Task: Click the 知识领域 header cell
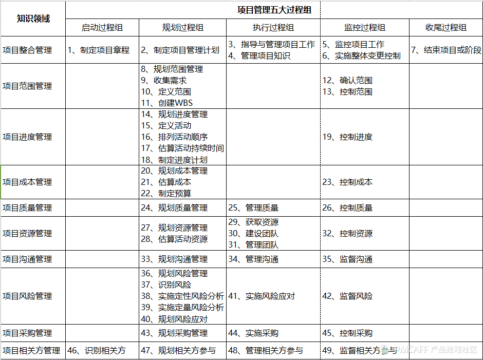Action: (33, 18)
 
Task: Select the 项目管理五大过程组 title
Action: (274, 10)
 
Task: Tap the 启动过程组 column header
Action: (102, 28)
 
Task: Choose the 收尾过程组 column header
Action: (446, 28)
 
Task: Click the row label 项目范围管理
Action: (27, 86)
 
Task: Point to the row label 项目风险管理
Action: (27, 296)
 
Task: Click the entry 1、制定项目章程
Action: (99, 50)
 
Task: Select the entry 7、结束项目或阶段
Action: (447, 50)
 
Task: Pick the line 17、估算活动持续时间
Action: (182, 148)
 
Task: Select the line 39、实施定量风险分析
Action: (182, 308)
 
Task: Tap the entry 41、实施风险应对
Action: (262, 296)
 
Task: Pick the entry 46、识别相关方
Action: (97, 351)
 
